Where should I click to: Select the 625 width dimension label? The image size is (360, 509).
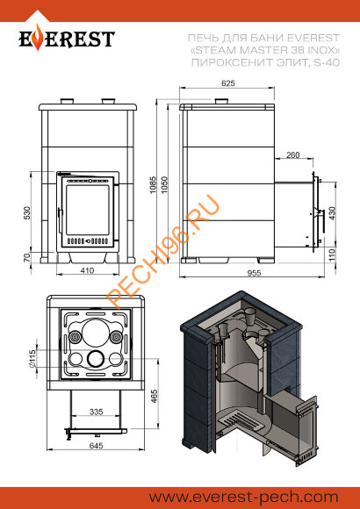(228, 83)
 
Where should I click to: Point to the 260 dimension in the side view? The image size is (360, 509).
(292, 155)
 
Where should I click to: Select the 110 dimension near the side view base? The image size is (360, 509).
(331, 254)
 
